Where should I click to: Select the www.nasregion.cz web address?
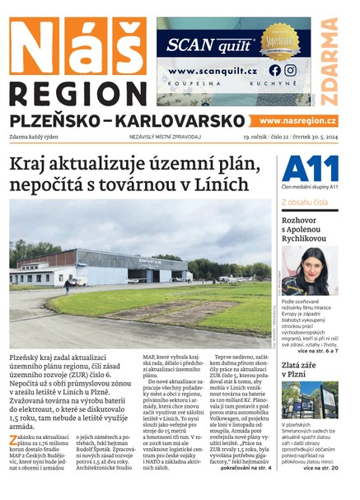(297, 120)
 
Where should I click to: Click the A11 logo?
(310, 170)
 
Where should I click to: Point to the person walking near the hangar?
(68, 286)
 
